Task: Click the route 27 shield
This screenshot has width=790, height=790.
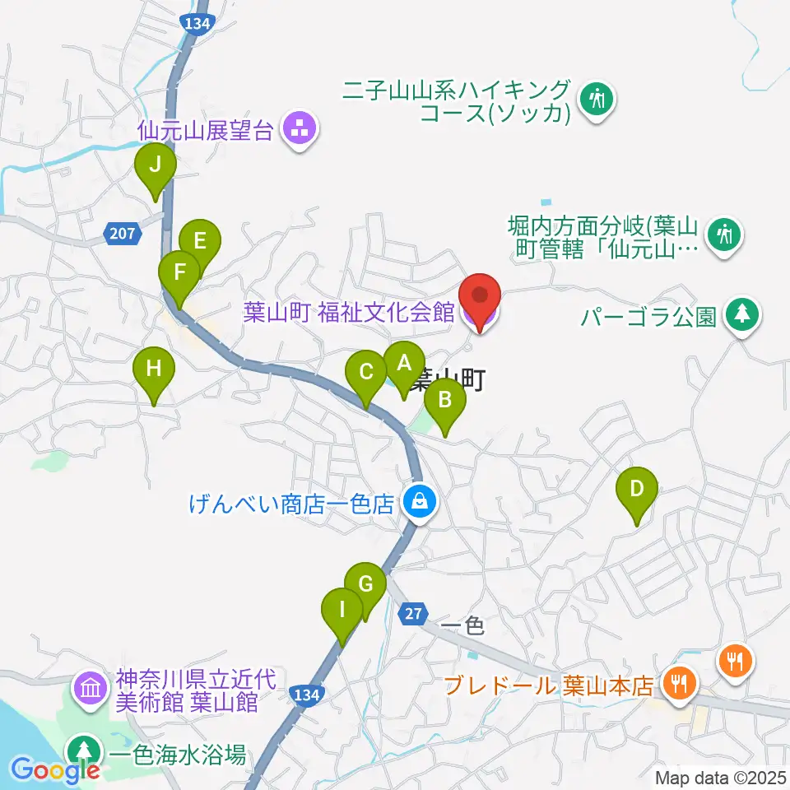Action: pyautogui.click(x=414, y=613)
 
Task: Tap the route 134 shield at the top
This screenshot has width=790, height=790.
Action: pyautogui.click(x=197, y=24)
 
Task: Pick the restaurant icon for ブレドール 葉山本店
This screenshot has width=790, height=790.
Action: pyautogui.click(x=680, y=682)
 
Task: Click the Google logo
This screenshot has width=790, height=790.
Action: pyautogui.click(x=56, y=769)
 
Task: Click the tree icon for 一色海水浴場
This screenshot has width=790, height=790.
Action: pyautogui.click(x=82, y=750)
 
